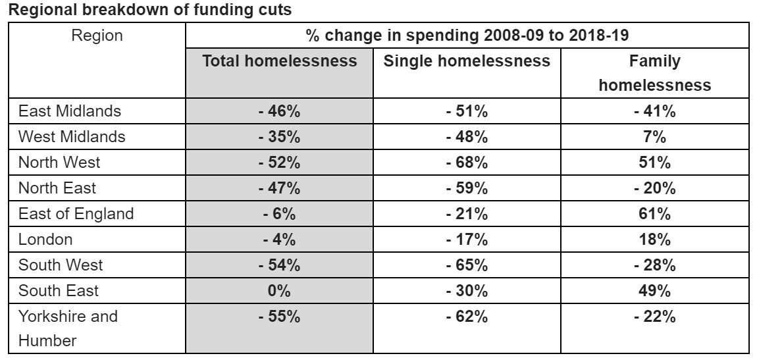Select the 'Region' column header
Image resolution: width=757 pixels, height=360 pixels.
coord(97,36)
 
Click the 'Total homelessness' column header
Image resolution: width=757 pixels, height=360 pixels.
coord(279,61)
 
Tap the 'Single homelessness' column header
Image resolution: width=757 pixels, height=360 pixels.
coord(467,61)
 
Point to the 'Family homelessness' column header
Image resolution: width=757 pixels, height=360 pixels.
coord(654,73)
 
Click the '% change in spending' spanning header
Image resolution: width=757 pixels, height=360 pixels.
coord(467,36)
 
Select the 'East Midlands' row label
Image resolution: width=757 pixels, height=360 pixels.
coord(70,111)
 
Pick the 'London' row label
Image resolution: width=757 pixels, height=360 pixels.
coord(45,239)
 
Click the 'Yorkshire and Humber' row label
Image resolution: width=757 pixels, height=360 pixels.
coord(68,328)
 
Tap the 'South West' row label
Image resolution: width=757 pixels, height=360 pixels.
coord(61,265)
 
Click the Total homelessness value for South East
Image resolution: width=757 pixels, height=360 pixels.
coord(279,290)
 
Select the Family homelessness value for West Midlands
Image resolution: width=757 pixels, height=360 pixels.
coord(654,137)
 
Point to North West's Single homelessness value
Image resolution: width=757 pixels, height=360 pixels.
coord(467,163)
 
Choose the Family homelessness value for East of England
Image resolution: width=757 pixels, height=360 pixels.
coord(654,213)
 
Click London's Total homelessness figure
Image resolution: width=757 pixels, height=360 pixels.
coord(279,239)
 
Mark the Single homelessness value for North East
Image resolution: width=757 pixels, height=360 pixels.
coord(467,188)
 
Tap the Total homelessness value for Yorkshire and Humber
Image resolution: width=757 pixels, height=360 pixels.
coord(279,317)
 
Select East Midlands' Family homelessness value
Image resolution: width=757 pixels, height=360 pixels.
coord(654,111)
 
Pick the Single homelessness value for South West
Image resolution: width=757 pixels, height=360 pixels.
coord(467,265)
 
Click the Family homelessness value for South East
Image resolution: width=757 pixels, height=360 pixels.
coord(654,290)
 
